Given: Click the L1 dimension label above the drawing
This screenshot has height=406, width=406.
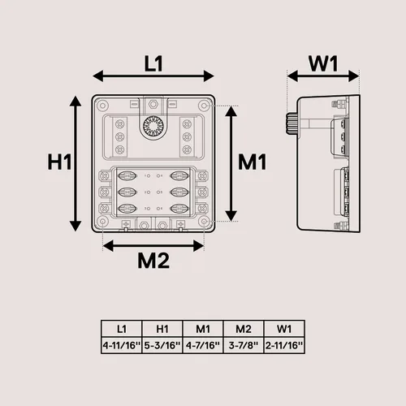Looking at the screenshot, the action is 153,64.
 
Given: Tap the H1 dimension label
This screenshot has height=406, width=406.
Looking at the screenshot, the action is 59,162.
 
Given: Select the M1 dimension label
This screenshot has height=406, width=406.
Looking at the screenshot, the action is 253,162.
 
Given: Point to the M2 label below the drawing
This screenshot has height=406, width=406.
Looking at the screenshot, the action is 153,261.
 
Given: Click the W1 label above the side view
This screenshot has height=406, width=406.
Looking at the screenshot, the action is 323,64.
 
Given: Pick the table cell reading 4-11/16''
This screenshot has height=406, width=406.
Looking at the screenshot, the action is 122,345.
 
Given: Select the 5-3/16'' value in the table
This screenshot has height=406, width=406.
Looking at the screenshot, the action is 162,345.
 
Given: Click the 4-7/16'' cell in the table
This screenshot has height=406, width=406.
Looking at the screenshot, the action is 203,345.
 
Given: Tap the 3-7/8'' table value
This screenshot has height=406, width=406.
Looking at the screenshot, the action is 244,345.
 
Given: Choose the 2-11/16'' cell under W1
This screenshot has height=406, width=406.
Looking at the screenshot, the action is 284,345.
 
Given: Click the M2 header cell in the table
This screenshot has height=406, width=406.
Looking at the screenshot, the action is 244,329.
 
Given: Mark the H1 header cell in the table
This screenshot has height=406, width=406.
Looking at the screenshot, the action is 162,329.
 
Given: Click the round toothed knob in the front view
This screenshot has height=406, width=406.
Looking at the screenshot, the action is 153,127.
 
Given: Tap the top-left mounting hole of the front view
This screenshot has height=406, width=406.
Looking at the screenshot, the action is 102,106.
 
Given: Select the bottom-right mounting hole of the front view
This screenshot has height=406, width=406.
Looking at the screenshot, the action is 204,222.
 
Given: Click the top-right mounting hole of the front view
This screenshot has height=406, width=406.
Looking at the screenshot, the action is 204,106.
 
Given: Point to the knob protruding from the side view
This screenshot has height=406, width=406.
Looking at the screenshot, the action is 292,124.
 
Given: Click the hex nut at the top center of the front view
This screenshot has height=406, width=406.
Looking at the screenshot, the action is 153,104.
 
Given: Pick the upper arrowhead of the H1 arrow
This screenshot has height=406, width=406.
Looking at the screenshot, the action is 76,101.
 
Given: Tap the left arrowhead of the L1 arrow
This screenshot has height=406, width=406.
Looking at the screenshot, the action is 97,76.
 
